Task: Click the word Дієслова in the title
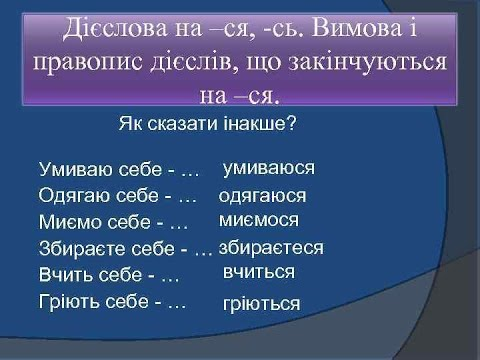tap(115, 28)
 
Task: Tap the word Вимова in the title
tap(357, 28)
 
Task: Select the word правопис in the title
tap(87, 63)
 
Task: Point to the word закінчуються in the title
tap(367, 63)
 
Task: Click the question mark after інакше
tap(291, 124)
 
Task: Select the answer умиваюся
tap(269, 168)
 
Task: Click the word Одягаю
tap(74, 195)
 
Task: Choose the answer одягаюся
tap(262, 196)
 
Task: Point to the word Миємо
tap(70, 222)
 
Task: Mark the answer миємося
tap(259, 220)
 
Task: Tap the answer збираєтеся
tap(271, 248)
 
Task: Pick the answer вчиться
tap(259, 272)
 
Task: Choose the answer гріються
tap(262, 304)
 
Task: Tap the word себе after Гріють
tap(127, 302)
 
